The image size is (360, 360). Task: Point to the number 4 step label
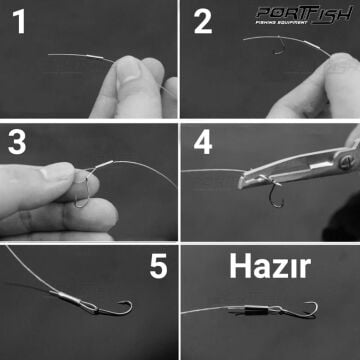tap(204, 144)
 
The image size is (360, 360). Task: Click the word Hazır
tap(269, 266)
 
